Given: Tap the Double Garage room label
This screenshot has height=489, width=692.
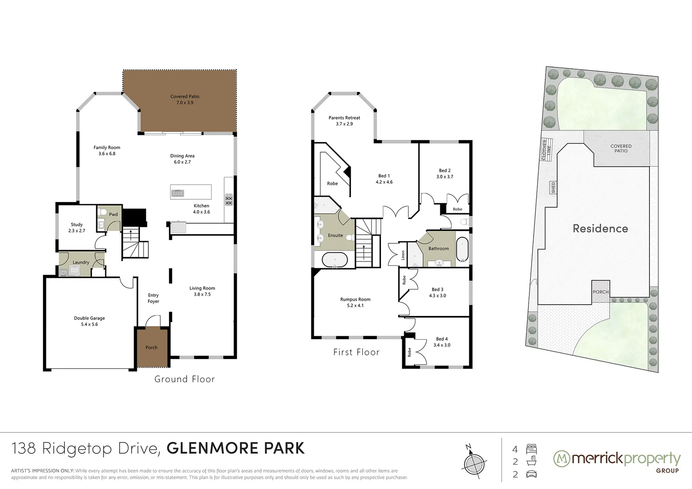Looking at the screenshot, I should [x=89, y=318].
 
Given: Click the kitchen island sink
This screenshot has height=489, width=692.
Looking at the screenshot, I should [x=178, y=193].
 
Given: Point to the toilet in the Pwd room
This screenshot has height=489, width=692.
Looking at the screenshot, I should [x=102, y=213].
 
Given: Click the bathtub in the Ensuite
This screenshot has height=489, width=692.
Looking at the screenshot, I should [x=335, y=261].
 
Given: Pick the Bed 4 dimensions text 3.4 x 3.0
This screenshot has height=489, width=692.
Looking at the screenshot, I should [x=442, y=345].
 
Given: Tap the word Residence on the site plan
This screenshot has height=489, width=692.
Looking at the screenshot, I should [x=600, y=229].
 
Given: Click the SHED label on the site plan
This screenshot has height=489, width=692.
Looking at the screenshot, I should [x=553, y=187].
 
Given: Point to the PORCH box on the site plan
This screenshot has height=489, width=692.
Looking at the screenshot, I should [x=601, y=292].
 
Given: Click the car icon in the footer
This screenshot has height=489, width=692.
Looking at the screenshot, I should [x=531, y=475].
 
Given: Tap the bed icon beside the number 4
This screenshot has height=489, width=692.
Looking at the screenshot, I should [x=531, y=449].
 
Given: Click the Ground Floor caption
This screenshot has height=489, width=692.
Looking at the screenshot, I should [x=184, y=379].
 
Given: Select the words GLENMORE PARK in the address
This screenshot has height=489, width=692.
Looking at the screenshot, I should [x=235, y=448].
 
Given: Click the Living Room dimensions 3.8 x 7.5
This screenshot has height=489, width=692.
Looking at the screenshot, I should [x=202, y=294].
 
